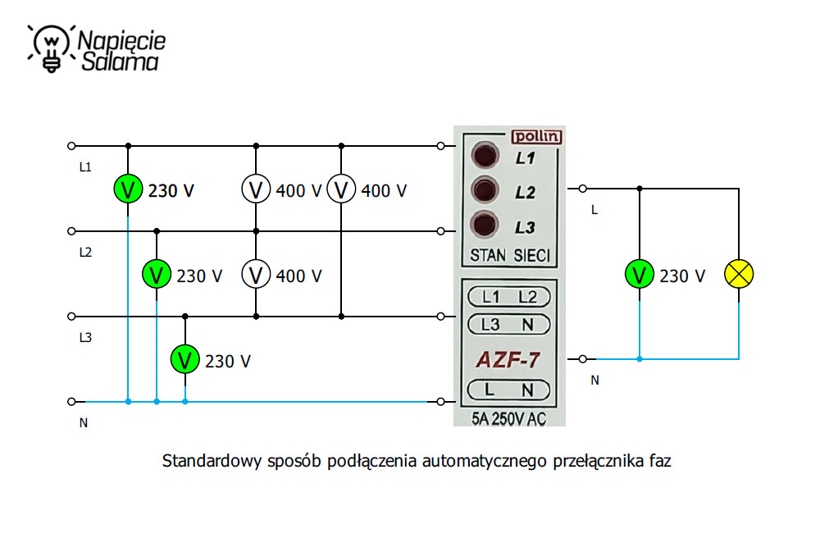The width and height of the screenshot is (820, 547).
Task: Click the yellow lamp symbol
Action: [739, 275]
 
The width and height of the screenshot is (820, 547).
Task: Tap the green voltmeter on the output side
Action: [639, 275]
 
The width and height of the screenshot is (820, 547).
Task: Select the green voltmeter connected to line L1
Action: [128, 189]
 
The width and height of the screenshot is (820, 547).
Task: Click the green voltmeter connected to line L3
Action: [185, 359]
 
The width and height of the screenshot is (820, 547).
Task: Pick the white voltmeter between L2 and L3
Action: [256, 275]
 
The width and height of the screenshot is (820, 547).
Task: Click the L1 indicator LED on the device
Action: [485, 156]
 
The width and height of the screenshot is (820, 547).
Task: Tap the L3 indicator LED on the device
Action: [485, 224]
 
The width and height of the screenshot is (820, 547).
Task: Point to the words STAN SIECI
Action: [509, 255]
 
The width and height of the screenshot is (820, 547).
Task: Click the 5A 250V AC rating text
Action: [509, 418]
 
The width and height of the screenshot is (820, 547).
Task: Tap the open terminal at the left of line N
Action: [71, 402]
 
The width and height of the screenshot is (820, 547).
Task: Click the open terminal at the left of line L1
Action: [71, 147]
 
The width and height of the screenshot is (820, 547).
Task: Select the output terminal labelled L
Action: [582, 189]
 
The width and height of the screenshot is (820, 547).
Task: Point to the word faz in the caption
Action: [658, 461]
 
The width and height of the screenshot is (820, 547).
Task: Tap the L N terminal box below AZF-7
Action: [509, 390]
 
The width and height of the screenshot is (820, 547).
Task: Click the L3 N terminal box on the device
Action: [509, 325]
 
